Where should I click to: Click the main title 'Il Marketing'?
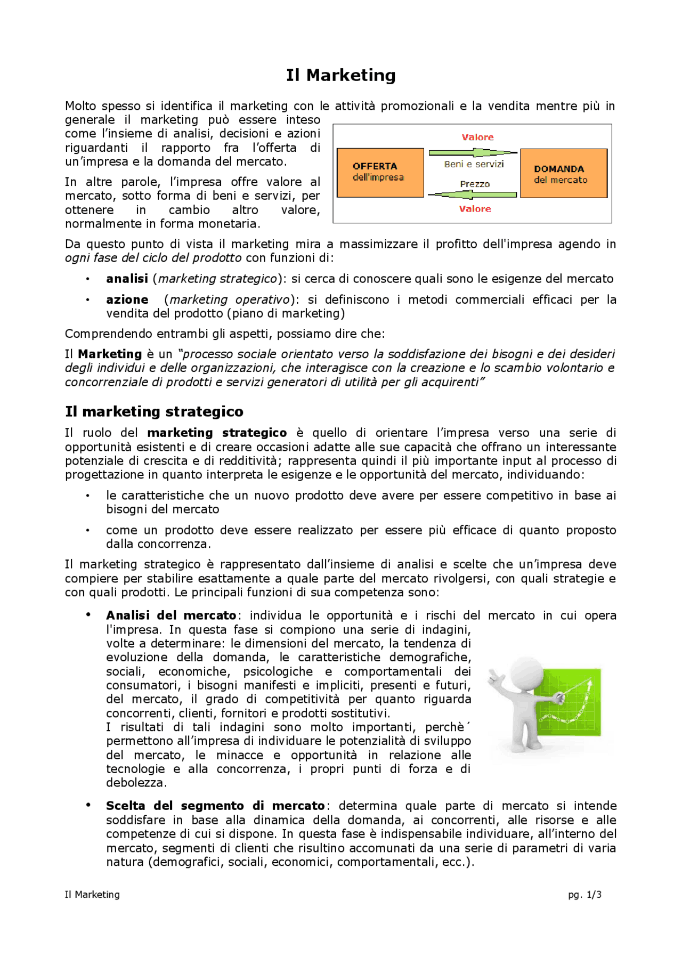340,75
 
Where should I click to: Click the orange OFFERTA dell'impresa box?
380,172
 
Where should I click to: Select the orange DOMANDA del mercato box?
563,174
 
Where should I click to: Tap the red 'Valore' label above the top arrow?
477,137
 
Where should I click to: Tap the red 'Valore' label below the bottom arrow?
475,209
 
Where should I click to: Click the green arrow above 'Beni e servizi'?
472,153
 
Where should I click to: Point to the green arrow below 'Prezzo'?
472,194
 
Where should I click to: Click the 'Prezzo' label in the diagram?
475,184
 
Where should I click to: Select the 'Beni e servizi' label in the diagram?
474,164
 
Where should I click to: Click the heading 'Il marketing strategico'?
154,411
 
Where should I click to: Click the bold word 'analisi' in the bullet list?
127,279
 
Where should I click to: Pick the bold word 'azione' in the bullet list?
127,299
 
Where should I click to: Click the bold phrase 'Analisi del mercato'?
171,615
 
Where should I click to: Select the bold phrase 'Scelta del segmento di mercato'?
215,806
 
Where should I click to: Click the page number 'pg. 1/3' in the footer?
584,895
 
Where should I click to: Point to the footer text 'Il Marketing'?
92,895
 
